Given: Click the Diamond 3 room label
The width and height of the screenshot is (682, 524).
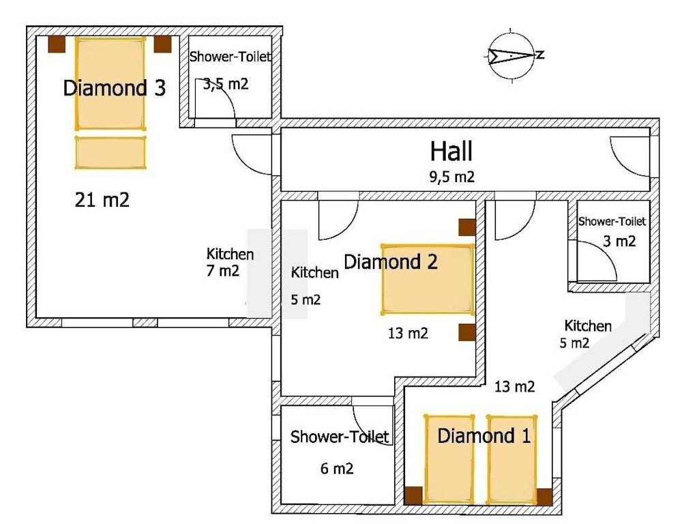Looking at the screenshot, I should [114, 88].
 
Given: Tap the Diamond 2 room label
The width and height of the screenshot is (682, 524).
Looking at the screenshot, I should [390, 261].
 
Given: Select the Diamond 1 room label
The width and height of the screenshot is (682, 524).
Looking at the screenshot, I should [484, 436].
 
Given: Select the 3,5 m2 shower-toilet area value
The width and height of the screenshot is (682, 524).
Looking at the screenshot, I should [225, 85].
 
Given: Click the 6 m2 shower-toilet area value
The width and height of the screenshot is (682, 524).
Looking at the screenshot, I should [337, 469].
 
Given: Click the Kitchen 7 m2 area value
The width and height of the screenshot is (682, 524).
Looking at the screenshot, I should [223, 271].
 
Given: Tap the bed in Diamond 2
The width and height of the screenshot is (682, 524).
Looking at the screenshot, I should [428, 279].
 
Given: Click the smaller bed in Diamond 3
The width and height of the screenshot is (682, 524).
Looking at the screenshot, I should [110, 152].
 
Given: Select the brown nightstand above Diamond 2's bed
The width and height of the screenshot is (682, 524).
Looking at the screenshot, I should [466, 227].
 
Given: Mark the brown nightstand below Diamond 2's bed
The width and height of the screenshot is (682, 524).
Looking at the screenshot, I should [466, 332].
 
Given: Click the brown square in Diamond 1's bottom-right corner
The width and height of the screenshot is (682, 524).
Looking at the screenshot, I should [544, 496].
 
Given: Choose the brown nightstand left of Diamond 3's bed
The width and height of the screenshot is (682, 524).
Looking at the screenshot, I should [56, 44].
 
